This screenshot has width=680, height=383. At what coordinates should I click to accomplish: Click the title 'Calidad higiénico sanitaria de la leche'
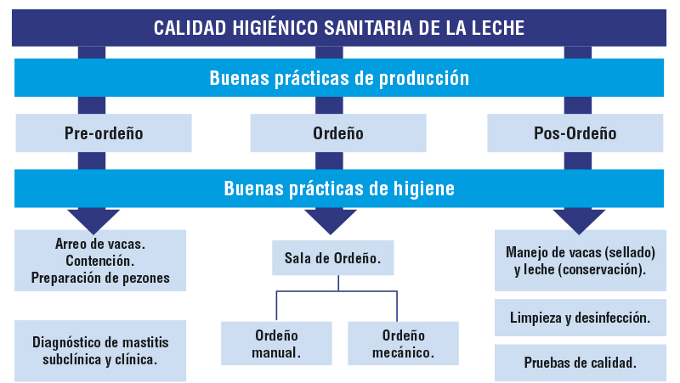(339, 28)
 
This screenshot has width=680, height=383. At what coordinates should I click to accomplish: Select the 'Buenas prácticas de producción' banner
(339, 77)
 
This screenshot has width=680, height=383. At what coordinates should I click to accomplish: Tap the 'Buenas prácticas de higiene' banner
(339, 189)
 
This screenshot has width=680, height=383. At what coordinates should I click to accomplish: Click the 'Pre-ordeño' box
(104, 133)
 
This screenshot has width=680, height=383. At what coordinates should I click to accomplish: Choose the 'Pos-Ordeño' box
(575, 133)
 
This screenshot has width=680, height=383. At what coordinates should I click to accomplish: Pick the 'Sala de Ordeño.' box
(332, 258)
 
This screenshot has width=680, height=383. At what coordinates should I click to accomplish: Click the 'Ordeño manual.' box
(276, 344)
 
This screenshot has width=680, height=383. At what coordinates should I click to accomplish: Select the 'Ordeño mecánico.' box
(403, 344)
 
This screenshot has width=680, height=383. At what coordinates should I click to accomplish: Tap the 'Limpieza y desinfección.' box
(581, 318)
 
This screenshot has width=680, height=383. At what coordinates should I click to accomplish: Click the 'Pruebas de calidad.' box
(581, 363)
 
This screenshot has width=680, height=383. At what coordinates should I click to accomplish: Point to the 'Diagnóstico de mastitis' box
(100, 351)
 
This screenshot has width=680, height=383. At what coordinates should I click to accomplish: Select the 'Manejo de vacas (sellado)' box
(581, 261)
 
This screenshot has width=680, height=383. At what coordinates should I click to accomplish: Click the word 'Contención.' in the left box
(100, 261)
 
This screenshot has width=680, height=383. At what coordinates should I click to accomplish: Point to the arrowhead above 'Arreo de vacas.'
(93, 222)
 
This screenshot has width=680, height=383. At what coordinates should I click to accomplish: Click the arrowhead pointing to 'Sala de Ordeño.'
(331, 222)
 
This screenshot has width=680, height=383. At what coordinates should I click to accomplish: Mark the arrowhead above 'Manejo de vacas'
(579, 222)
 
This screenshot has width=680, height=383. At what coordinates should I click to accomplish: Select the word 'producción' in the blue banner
(424, 78)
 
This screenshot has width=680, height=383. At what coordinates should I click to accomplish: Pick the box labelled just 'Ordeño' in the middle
(338, 133)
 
